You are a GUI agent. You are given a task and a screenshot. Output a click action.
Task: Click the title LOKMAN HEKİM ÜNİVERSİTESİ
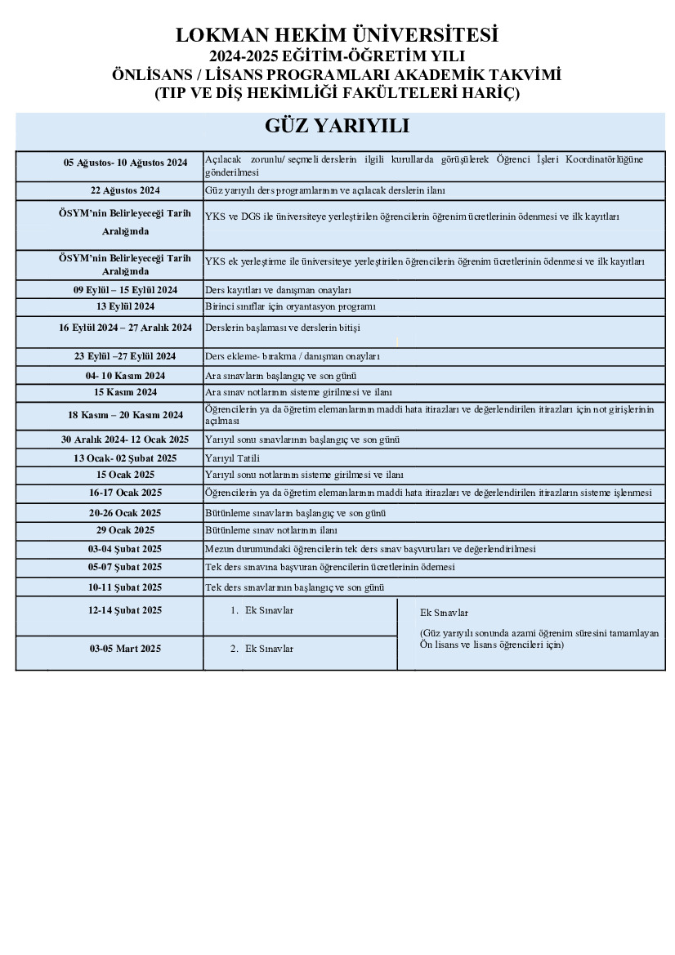[x=337, y=35]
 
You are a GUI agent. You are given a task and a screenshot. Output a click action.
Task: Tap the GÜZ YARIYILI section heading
[x=337, y=127]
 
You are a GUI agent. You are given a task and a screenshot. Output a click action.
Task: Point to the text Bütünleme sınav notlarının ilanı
[x=270, y=530]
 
